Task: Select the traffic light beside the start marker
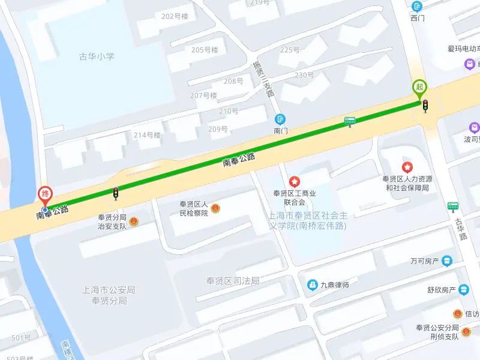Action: coord(425,106)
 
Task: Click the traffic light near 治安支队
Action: coord(115,193)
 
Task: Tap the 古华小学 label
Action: coord(97,56)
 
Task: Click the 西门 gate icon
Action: coord(418,7)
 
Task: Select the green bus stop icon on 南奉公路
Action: coord(349,121)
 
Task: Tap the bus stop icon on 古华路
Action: coord(453,207)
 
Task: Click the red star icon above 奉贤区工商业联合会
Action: coord(295,181)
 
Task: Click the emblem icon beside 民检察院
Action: coord(215,208)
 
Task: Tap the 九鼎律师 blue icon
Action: coord(312,284)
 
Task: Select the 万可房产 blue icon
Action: coord(448,261)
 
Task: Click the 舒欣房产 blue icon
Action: coord(463,289)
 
